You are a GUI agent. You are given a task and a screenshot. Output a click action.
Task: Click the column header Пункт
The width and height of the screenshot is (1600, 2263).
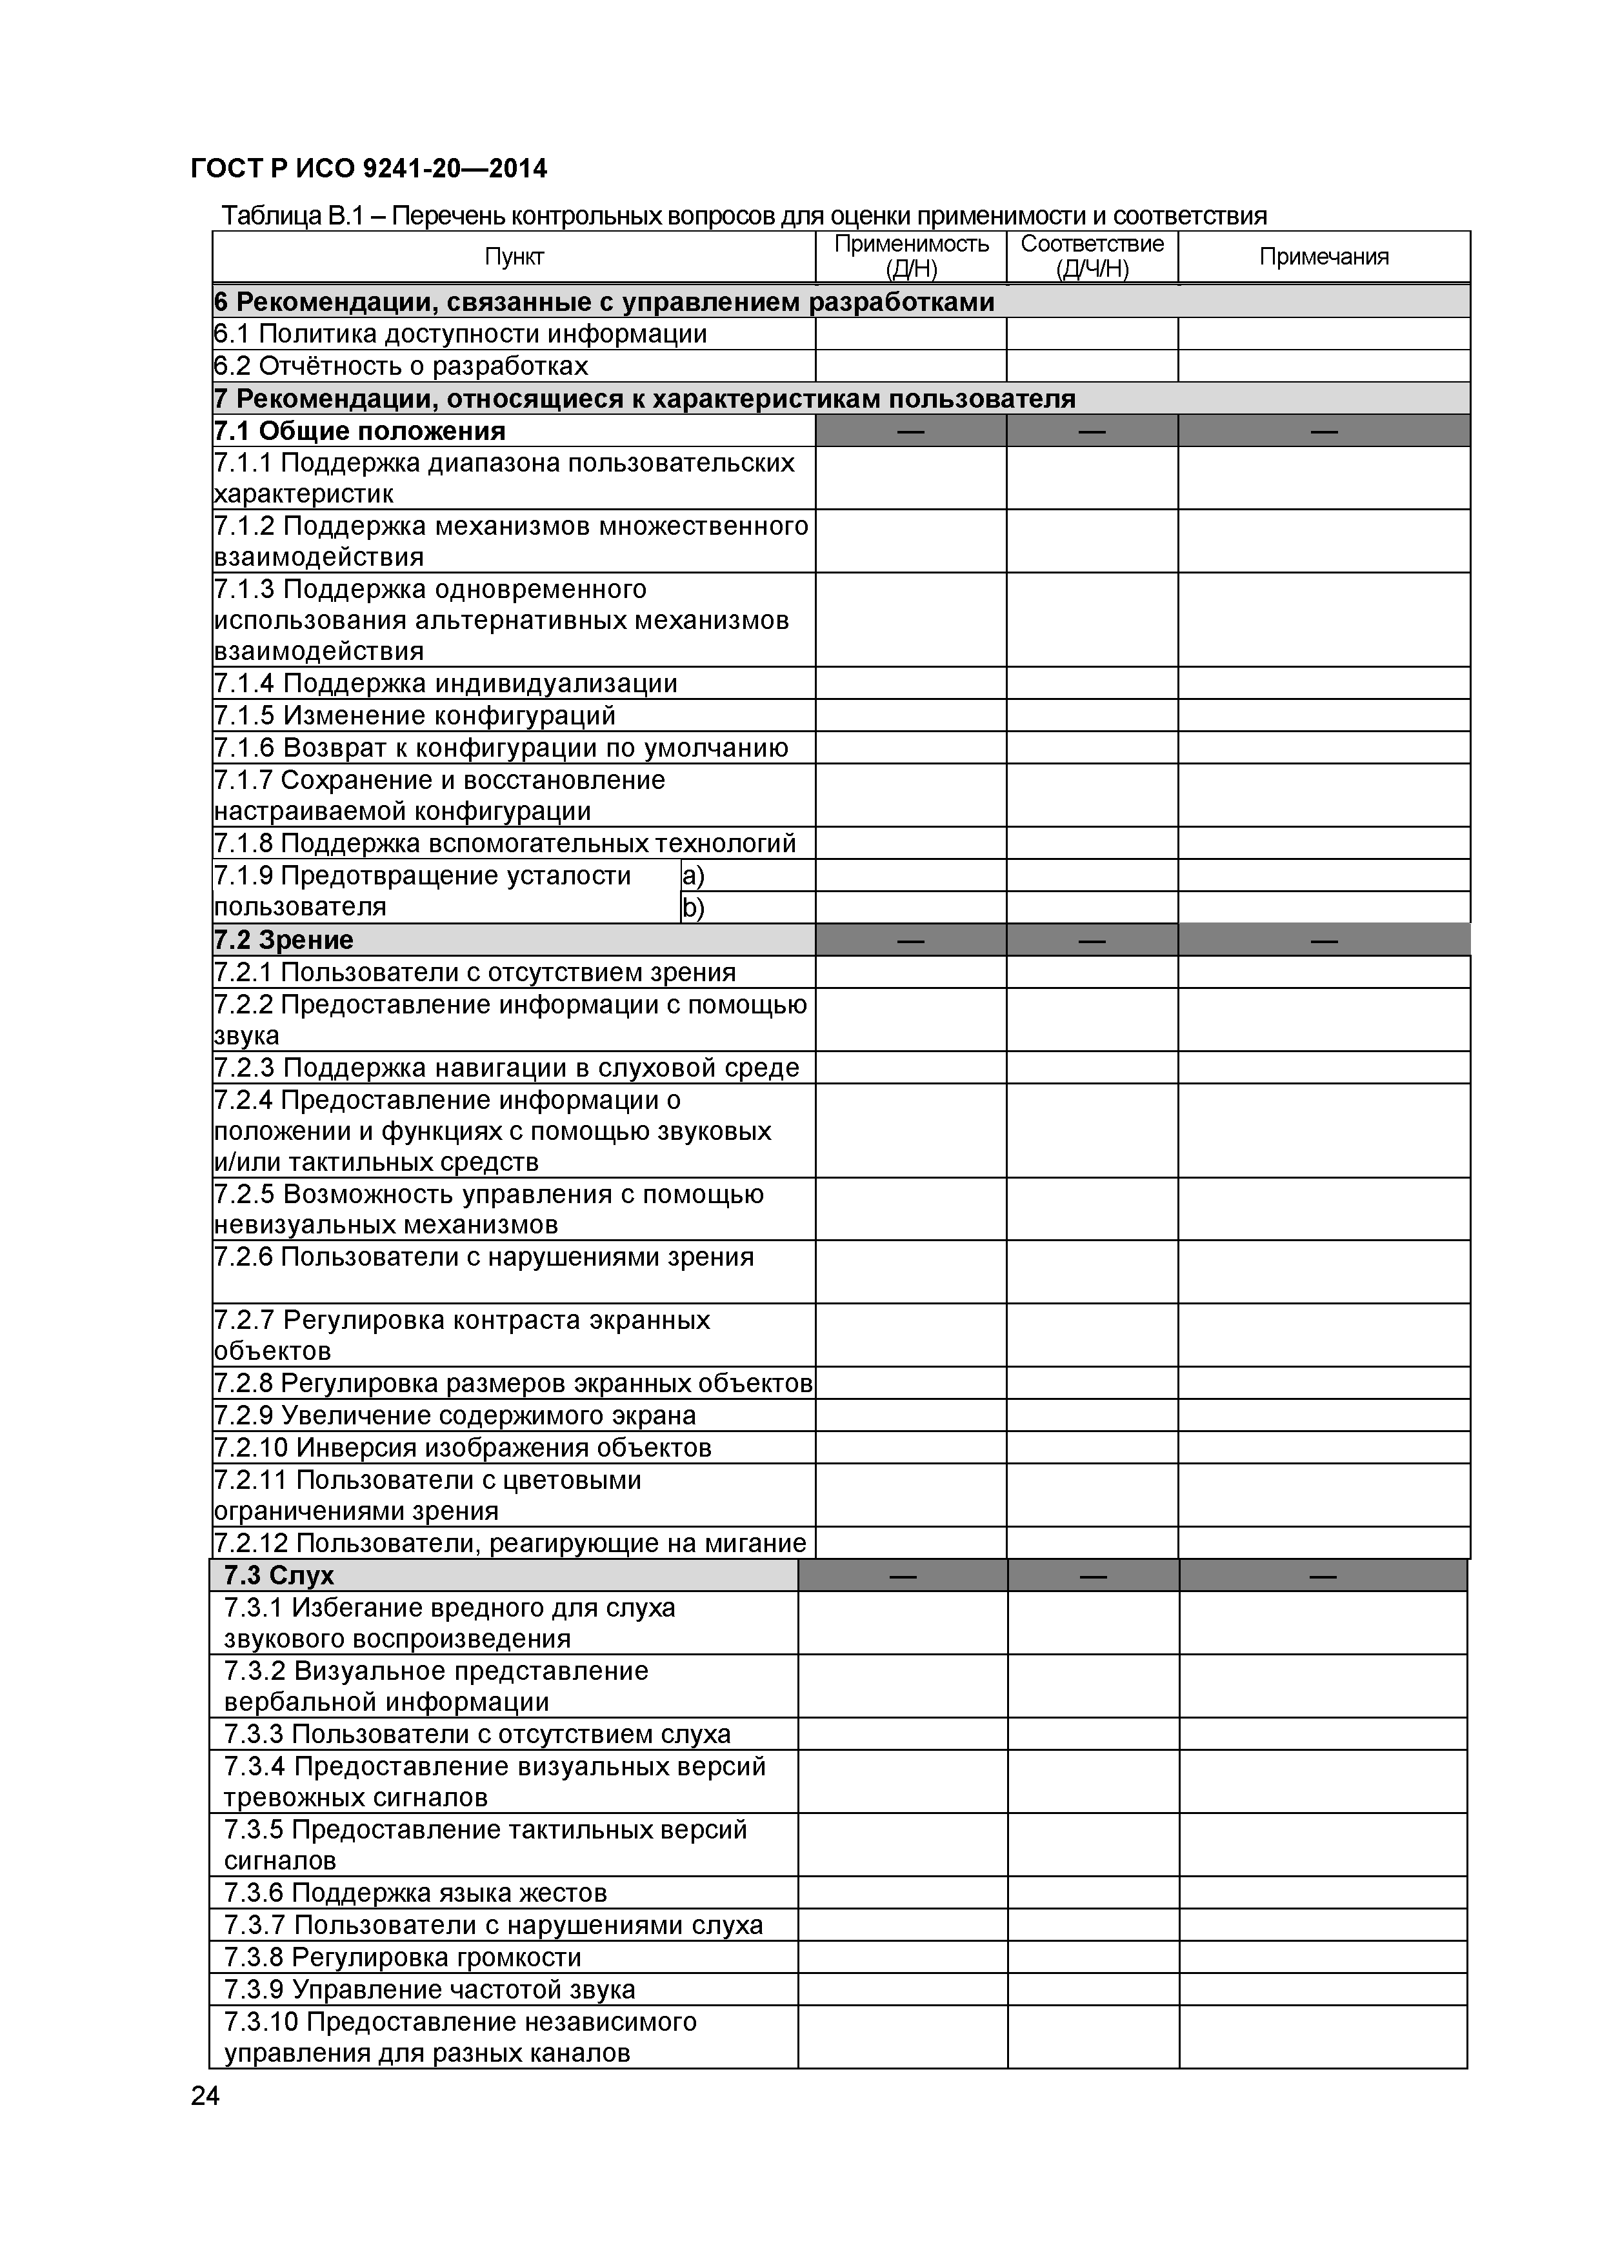514,257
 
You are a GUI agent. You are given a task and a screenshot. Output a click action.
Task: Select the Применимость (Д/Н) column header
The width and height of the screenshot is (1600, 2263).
911,256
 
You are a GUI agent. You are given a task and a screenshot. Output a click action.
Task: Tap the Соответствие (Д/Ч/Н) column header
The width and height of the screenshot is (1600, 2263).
1092,256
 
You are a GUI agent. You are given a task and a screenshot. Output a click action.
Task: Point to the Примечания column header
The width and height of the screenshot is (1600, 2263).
1324,257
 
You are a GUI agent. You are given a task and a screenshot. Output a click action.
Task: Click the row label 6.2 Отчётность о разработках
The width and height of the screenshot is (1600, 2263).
401,366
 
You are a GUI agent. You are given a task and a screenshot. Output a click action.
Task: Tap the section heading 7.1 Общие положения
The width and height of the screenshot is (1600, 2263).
360,431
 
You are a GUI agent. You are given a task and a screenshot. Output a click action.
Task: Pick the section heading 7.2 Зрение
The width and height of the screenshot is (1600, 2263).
284,941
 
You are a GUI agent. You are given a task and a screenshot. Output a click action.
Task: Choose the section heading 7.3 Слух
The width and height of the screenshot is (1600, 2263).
279,1575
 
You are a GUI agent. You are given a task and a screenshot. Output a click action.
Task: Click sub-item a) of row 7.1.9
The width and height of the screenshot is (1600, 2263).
694,875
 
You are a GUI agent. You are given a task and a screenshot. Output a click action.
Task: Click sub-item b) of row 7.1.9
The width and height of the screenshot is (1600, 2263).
694,908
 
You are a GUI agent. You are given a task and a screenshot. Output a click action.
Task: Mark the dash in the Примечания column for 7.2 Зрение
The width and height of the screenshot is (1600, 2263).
1324,941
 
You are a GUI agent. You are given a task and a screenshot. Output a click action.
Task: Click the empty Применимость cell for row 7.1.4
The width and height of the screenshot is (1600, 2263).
911,684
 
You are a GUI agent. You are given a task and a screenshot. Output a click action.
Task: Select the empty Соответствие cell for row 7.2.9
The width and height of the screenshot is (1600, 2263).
1092,1415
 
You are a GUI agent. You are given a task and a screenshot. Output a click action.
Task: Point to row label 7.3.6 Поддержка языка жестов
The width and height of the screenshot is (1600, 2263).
415,1893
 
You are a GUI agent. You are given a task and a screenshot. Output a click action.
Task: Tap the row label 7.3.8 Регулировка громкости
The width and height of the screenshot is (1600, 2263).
402,1957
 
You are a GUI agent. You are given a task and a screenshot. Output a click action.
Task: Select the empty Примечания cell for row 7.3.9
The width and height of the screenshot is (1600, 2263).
1323,1989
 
